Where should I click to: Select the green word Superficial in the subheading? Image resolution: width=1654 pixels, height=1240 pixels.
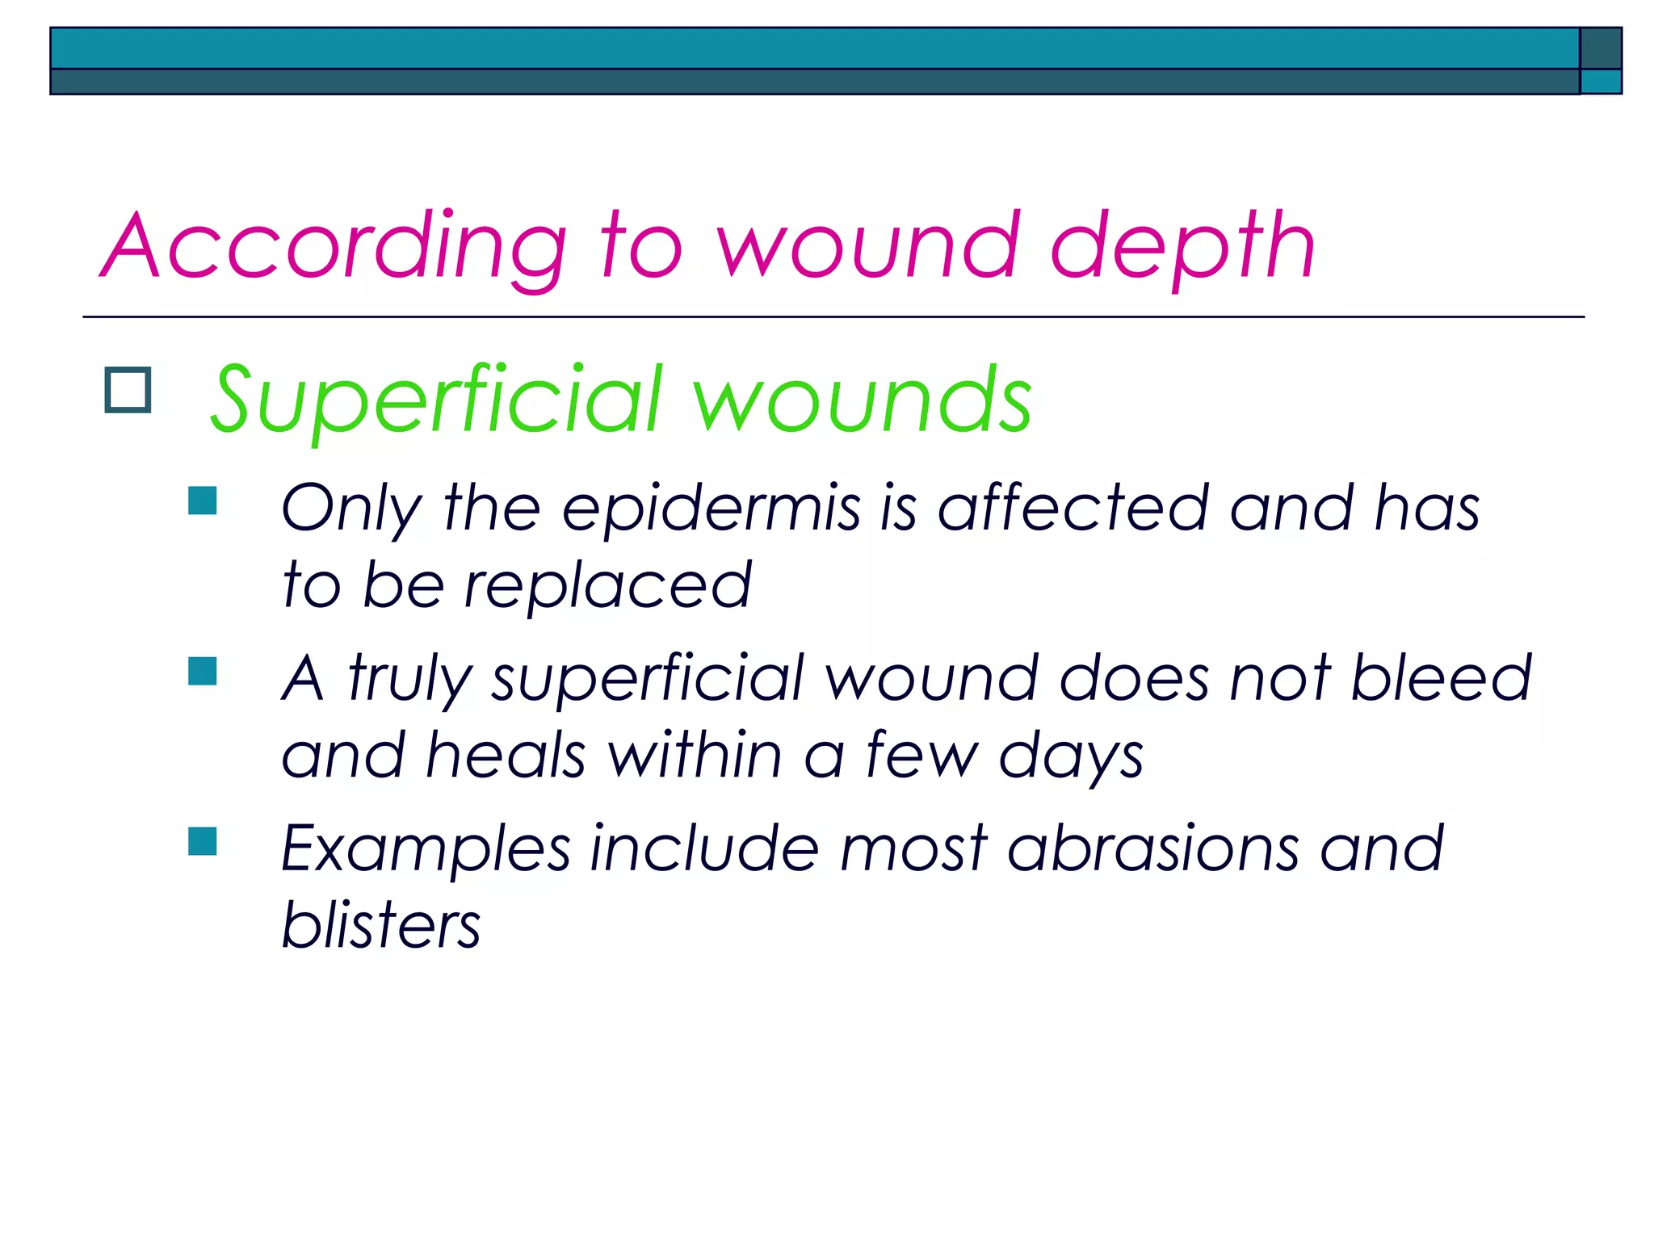pyautogui.click(x=437, y=400)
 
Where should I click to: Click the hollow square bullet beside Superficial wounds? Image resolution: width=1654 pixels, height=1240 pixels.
pyautogui.click(x=128, y=391)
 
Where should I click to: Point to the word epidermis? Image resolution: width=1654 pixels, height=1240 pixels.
pyautogui.click(x=711, y=509)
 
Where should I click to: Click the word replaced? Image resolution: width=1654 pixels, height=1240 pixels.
pyautogui.click(x=607, y=585)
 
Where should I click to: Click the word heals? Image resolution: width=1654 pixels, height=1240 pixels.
pyautogui.click(x=506, y=755)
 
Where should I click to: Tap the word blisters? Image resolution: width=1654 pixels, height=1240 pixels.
pyautogui.click(x=380, y=925)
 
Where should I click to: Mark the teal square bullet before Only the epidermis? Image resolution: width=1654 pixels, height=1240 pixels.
pyautogui.click(x=202, y=501)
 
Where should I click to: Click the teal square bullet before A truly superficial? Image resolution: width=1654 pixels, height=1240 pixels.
pyautogui.click(x=202, y=671)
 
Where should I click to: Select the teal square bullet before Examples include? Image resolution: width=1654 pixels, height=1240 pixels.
pyautogui.click(x=202, y=841)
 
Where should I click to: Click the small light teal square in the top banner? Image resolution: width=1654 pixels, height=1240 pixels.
pyautogui.click(x=1600, y=82)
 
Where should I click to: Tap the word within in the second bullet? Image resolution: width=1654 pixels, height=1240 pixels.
pyautogui.click(x=695, y=755)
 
